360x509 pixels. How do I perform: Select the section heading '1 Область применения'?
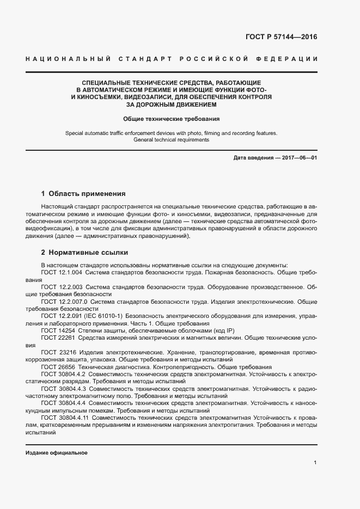tap(84, 193)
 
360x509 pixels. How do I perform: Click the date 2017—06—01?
tap(299, 158)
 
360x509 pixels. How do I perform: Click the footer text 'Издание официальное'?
tap(57, 453)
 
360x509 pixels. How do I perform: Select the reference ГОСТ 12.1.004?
tap(62, 272)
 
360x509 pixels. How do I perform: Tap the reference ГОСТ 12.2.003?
tap(62, 286)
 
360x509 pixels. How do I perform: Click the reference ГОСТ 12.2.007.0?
tap(64, 301)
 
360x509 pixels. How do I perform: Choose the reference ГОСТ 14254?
tap(57, 330)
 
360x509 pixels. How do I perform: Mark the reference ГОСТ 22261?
tap(57, 338)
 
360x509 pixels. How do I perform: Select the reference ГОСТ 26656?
tap(57, 367)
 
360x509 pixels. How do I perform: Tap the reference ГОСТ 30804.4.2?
tap(64, 375)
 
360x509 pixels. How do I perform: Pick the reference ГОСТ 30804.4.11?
tap(65, 419)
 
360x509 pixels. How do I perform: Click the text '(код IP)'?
tap(223, 330)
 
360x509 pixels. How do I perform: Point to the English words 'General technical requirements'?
tap(171, 140)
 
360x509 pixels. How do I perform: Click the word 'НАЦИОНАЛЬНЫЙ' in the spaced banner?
tap(68, 58)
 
